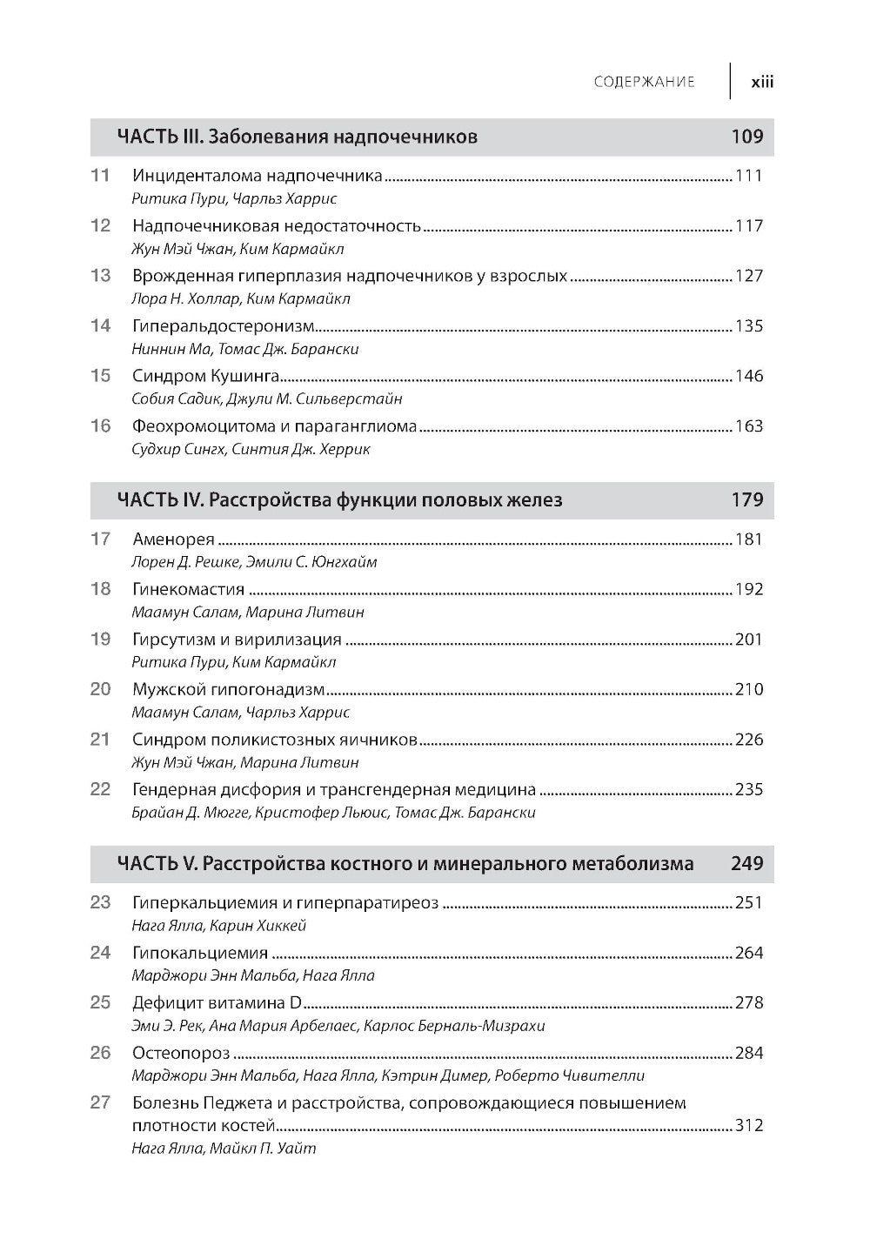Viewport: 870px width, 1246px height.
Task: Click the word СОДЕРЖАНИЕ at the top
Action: [x=644, y=83]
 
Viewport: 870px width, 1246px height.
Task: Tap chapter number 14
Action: [x=101, y=325]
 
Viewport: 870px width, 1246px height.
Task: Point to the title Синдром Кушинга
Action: [x=205, y=376]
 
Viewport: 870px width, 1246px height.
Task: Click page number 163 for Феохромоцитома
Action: [x=749, y=426]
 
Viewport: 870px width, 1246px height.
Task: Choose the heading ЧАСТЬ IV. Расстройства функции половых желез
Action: [x=339, y=500]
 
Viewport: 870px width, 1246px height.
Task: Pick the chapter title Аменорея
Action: [x=173, y=539]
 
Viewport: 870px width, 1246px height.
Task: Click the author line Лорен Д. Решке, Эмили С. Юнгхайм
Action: [x=254, y=562]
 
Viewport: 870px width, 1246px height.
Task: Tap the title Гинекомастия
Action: [x=188, y=589]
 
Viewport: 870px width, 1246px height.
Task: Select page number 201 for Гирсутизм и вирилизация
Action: [x=749, y=640]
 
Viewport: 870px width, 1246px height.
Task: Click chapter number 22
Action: [x=101, y=789]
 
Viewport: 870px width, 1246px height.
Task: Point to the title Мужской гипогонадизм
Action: [x=228, y=689]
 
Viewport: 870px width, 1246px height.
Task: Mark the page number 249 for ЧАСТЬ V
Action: [x=747, y=864]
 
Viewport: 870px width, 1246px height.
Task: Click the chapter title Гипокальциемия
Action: [x=200, y=953]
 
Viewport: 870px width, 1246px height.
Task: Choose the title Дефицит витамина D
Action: [x=217, y=1002]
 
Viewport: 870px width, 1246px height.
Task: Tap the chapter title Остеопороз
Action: [x=181, y=1053]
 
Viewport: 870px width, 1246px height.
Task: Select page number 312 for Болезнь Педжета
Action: [x=749, y=1125]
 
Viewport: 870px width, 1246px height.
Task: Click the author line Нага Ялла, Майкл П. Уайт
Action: [x=224, y=1149]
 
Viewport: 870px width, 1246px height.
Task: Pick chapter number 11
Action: [x=101, y=175]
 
